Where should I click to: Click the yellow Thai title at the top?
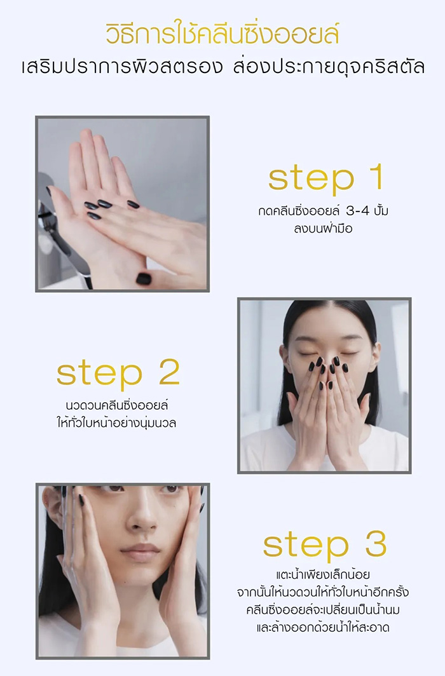tap(222, 34)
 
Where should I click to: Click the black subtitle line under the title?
tap(222, 67)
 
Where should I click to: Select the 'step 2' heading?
tap(118, 374)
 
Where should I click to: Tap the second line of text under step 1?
tap(319, 229)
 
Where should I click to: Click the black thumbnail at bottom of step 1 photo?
tap(144, 278)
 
